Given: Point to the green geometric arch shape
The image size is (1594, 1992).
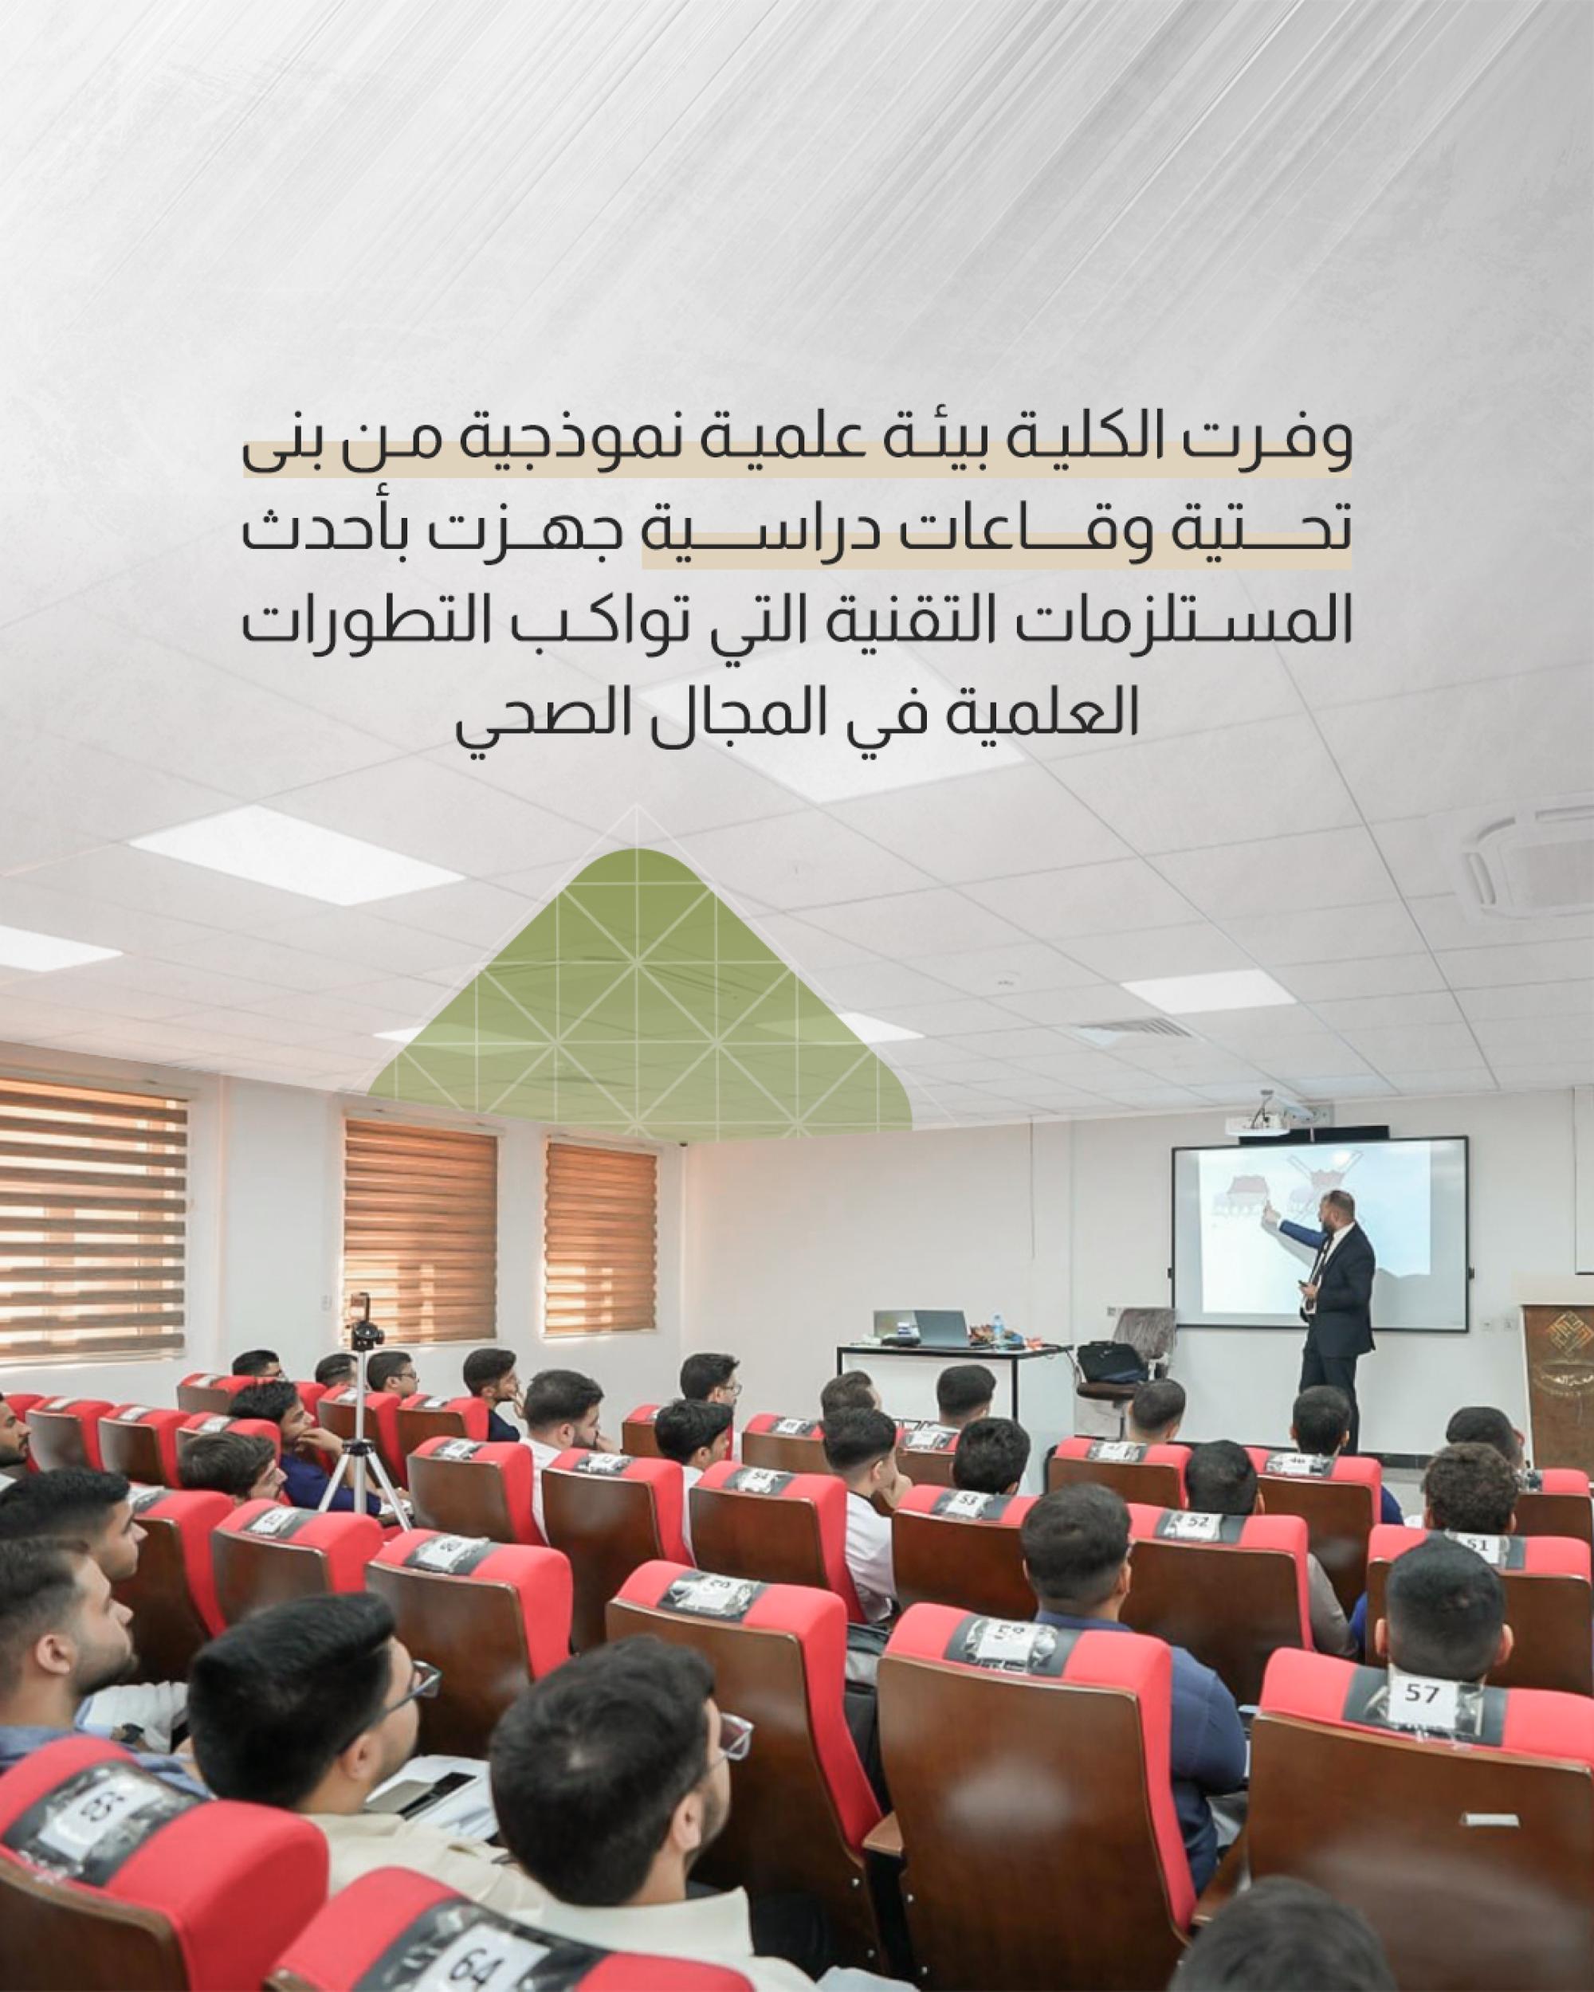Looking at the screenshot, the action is pyautogui.click(x=639, y=989).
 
